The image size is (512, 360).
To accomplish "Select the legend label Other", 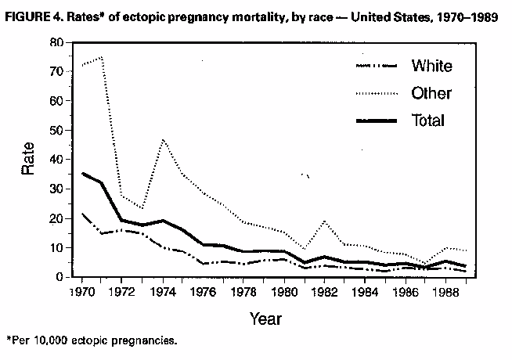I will point(431,93).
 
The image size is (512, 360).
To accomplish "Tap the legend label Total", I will point(427,120).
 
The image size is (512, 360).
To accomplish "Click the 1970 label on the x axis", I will point(81,292).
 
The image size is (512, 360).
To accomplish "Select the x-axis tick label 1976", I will point(201,292).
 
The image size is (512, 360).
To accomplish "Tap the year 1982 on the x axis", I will point(322,292).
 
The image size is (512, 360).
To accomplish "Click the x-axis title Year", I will point(265,319).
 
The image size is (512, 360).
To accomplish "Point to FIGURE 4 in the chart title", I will point(34,16).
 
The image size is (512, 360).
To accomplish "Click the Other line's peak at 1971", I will point(102,57).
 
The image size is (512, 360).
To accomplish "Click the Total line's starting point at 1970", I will point(82,173).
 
